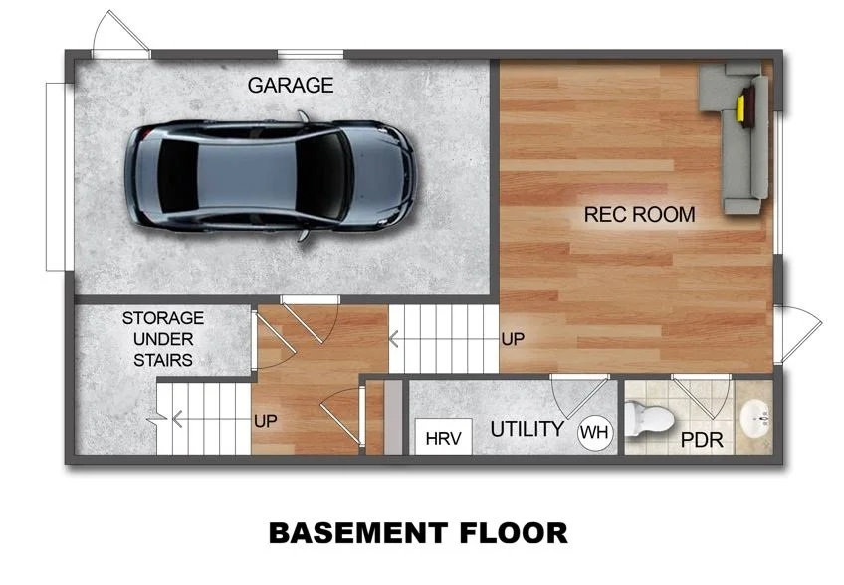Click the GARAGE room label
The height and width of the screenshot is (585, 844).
point(290,86)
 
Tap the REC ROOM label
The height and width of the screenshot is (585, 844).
point(639,214)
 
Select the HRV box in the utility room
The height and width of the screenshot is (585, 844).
point(443,438)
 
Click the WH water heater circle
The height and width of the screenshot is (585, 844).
point(594,432)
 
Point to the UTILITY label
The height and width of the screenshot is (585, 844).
point(527,430)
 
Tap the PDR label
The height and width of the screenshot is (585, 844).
point(702,439)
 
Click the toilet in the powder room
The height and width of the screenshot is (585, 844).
point(648,419)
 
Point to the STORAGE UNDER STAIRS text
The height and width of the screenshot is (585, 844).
point(163,338)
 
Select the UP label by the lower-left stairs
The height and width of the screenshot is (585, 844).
point(265,422)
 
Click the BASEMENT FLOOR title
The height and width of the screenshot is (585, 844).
point(418,533)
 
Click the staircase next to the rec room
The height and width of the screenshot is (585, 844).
point(444,339)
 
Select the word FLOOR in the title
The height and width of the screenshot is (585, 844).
point(509,533)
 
